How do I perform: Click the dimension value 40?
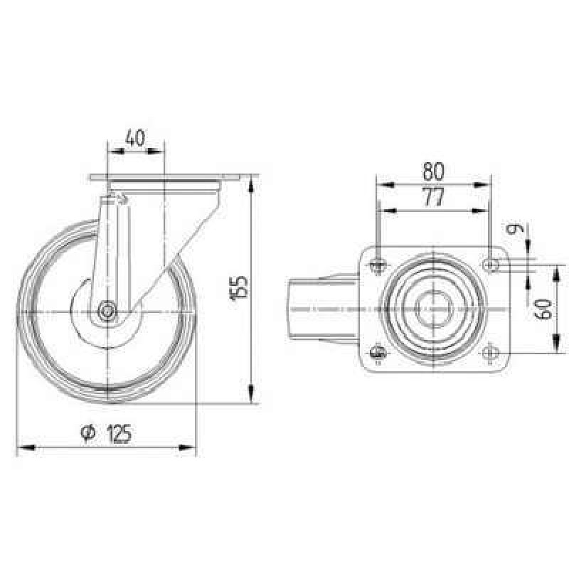pos(135,138)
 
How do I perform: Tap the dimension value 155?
pos(240,288)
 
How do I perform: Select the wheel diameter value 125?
pos(119,434)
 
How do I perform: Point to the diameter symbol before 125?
pos(88,432)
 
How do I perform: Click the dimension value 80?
pos(434,171)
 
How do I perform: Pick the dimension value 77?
pos(434,198)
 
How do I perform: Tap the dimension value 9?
pos(515,228)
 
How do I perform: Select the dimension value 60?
pos(543,309)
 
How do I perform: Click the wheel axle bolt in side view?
pos(108,311)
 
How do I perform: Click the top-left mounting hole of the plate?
pos(378,265)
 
